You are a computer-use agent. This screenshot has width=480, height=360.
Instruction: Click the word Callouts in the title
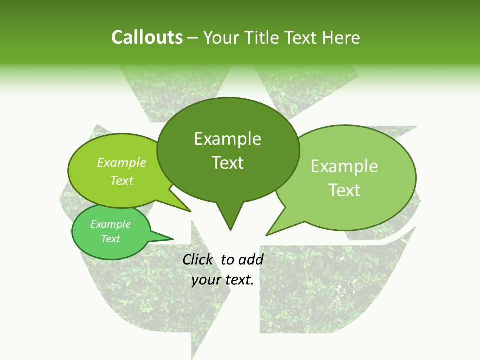[147, 37]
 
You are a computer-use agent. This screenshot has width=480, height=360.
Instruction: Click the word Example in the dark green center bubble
[227, 139]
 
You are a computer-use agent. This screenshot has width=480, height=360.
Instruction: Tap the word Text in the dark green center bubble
[227, 163]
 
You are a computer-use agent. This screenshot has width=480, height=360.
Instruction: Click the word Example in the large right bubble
[344, 166]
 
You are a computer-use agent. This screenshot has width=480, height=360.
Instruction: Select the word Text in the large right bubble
[344, 190]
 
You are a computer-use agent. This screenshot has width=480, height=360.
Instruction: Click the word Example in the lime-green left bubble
[122, 163]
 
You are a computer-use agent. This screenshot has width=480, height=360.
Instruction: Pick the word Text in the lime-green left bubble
[122, 181]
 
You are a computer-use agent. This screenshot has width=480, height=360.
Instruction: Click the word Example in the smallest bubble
[110, 224]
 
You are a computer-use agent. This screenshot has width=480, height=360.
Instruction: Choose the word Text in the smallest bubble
[110, 239]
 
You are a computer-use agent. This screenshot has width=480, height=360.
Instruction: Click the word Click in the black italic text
[198, 259]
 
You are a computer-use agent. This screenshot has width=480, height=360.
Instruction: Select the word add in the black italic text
[250, 259]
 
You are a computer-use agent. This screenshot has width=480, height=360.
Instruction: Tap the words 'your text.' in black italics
[223, 280]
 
